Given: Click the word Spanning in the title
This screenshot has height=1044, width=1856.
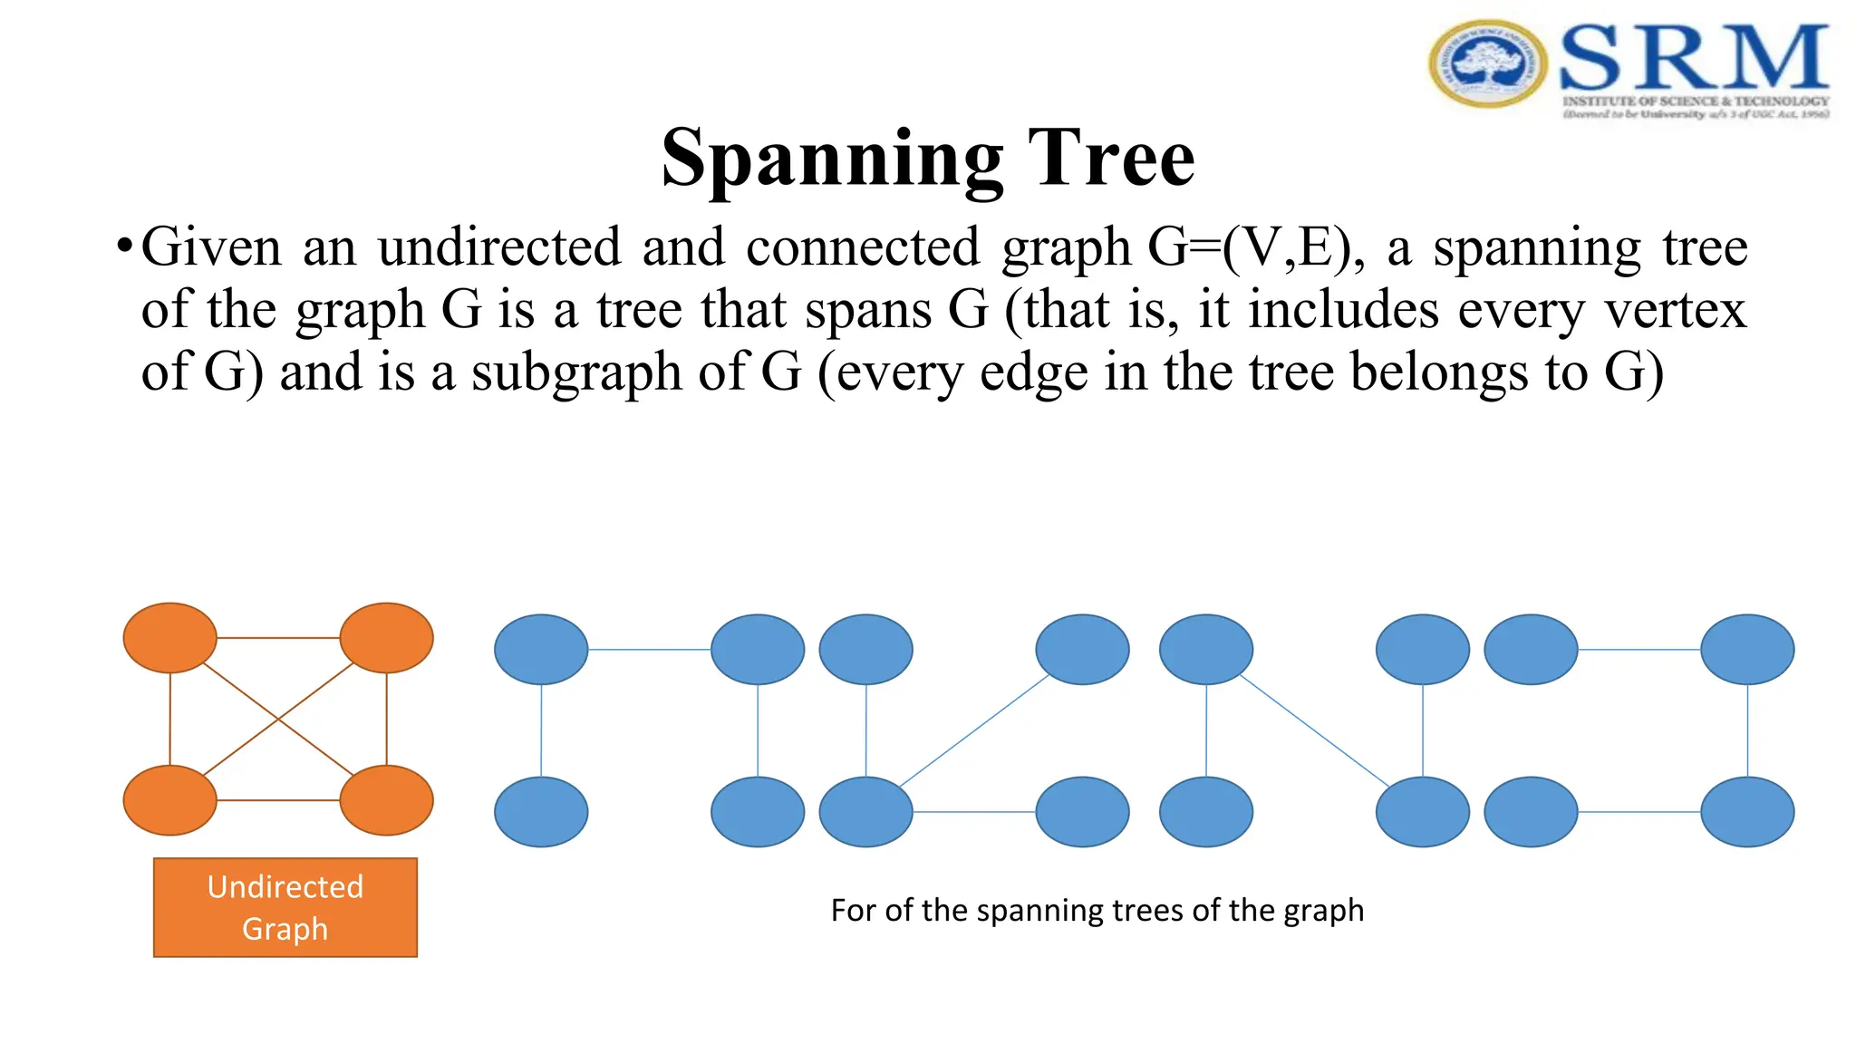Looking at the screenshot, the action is [x=832, y=159].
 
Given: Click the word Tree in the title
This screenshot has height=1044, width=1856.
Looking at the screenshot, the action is [x=1111, y=159].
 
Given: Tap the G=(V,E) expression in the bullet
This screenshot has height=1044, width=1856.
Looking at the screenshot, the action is [x=1256, y=246].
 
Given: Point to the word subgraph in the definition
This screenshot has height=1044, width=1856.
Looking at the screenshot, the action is [x=576, y=372].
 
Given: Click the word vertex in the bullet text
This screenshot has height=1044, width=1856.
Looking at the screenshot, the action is [x=1675, y=310].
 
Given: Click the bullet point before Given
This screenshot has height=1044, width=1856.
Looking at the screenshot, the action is [x=125, y=246].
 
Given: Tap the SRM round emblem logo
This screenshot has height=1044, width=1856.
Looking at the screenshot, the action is [x=1488, y=63].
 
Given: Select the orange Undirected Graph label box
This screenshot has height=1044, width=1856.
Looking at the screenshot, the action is [x=285, y=907].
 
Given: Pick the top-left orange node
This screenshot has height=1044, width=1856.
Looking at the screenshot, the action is [x=170, y=638].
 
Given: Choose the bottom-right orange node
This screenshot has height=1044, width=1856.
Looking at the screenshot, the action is [x=386, y=800].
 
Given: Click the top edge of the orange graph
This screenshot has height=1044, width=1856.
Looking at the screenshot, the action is [x=278, y=638].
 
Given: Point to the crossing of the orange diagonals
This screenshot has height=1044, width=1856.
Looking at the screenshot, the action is [x=278, y=720].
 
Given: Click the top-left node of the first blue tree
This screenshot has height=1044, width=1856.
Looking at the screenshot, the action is [x=541, y=650].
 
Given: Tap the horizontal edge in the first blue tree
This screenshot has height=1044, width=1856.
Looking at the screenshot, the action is [x=649, y=650].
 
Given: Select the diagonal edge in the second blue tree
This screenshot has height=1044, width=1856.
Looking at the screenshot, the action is [x=974, y=730].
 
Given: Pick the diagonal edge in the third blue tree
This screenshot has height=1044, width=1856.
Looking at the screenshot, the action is [x=1314, y=730].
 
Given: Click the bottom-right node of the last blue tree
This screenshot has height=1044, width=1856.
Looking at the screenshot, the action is [x=1747, y=812].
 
